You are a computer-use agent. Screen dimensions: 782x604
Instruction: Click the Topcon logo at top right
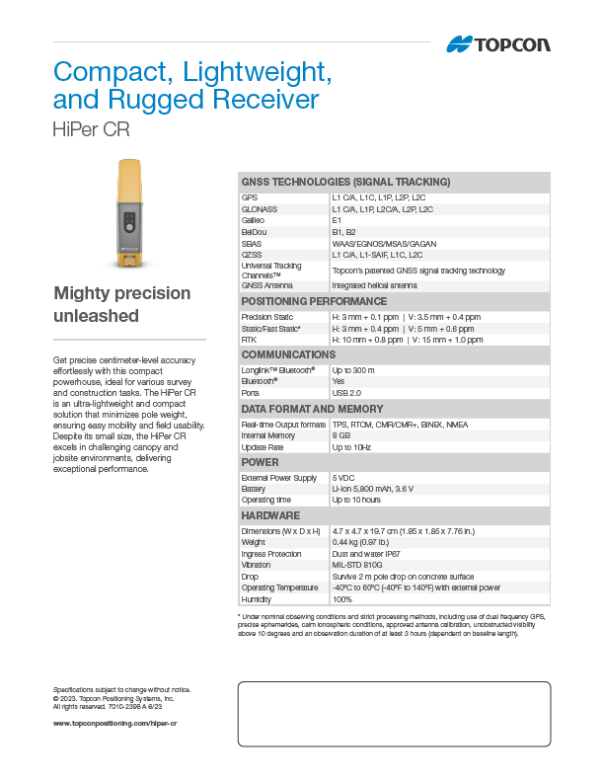(498, 43)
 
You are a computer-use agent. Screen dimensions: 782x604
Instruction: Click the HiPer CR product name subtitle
(91, 129)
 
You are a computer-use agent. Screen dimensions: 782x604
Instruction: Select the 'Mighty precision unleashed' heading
(121, 304)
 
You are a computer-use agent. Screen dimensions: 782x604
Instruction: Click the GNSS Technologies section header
(345, 182)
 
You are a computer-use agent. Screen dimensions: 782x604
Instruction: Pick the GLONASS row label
(260, 209)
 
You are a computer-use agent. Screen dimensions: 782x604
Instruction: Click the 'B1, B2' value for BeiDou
(344, 231)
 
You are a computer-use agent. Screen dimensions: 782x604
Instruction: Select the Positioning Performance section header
(314, 301)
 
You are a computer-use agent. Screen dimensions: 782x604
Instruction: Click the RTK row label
(250, 339)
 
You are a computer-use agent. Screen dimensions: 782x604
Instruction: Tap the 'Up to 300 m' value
(353, 369)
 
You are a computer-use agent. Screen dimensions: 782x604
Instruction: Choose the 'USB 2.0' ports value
(347, 392)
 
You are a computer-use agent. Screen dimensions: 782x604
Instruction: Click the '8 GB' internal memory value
(341, 435)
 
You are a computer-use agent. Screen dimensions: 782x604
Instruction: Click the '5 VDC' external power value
(343, 478)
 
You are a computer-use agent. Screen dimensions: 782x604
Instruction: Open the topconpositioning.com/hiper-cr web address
(114, 724)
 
